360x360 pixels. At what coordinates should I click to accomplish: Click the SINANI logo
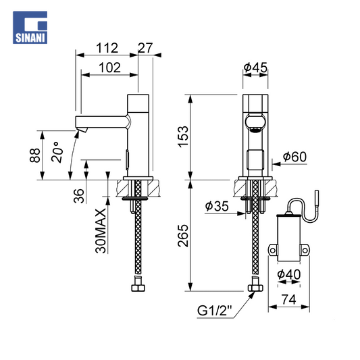pyautogui.click(x=30, y=27)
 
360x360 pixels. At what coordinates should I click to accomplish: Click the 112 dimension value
pyautogui.click(x=107, y=48)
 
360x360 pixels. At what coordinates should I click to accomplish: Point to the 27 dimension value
pyautogui.click(x=145, y=48)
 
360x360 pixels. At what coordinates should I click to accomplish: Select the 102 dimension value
pyautogui.click(x=109, y=68)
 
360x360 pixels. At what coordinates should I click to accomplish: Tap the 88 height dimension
pyautogui.click(x=35, y=155)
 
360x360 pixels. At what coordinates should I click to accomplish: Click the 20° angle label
pyautogui.click(x=57, y=152)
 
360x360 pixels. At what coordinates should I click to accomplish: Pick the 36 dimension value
pyautogui.click(x=79, y=196)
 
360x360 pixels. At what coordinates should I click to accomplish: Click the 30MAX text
pyautogui.click(x=101, y=231)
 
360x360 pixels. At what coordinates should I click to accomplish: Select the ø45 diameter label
pyautogui.click(x=255, y=68)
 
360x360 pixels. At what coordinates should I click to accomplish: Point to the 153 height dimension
pyautogui.click(x=183, y=136)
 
